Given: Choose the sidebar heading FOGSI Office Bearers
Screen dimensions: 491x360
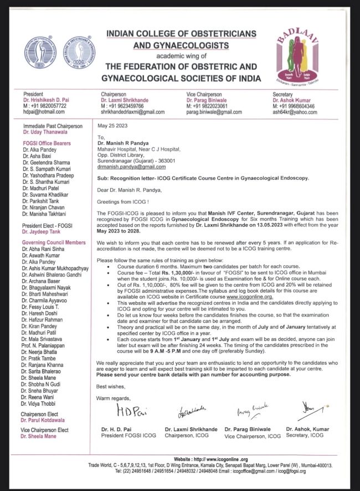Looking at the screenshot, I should pyautogui.click(x=49, y=143).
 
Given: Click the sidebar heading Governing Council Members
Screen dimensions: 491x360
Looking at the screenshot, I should pyautogui.click(x=54, y=242).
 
